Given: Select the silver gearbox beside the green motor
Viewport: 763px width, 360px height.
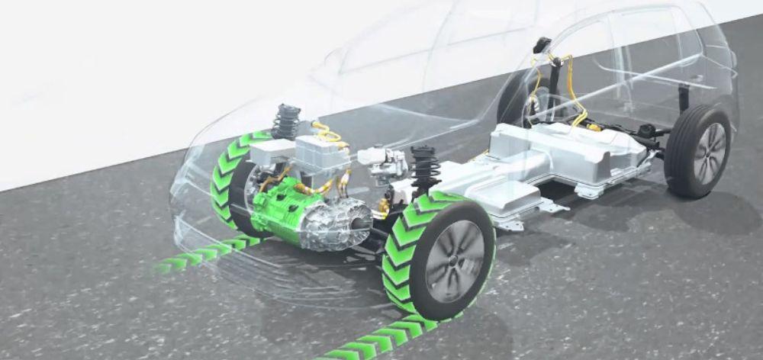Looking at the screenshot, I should pos(336,223).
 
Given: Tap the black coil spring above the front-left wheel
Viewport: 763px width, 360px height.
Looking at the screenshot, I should pos(287,122).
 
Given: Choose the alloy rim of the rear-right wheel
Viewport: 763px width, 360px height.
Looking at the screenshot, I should pos(709,153).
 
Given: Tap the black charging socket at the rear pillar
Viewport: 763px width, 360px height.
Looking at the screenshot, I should pos(542,45).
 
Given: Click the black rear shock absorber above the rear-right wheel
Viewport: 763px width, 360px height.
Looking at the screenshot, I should pos(684,98).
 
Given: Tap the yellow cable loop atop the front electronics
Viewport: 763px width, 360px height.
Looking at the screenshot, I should pos(328,133).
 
